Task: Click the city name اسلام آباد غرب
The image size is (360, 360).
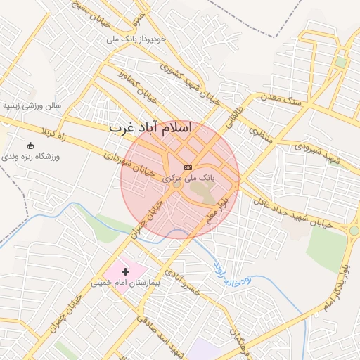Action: coord(151,129)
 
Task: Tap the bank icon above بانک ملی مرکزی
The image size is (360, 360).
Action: coord(187,167)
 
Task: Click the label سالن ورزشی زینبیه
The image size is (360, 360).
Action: coord(32,105)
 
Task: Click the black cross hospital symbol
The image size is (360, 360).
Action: coord(126,271)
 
